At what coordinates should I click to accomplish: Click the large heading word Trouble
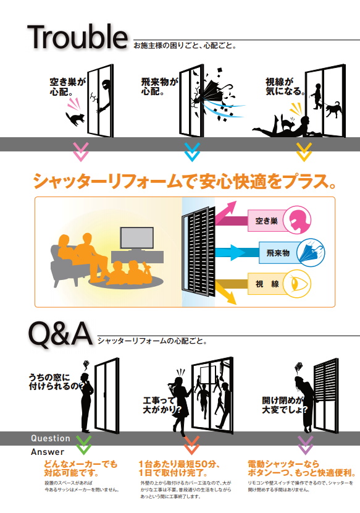77,37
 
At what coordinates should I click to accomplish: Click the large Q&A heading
61,334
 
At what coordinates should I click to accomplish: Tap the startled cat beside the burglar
75,119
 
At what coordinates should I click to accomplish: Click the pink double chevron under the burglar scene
81,152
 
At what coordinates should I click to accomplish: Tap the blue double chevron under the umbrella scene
192,152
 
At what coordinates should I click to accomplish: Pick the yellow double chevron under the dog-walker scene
304,152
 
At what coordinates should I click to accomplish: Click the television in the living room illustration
137,239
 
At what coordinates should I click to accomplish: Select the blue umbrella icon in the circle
311,253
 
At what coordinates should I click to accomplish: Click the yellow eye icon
296,284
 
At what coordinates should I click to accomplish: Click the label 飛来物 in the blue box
278,253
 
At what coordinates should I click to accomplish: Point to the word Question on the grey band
51,438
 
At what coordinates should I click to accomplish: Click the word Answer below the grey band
48,452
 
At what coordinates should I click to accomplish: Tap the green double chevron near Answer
84,445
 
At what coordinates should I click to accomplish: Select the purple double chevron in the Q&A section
306,445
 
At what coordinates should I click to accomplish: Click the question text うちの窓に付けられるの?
56,382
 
